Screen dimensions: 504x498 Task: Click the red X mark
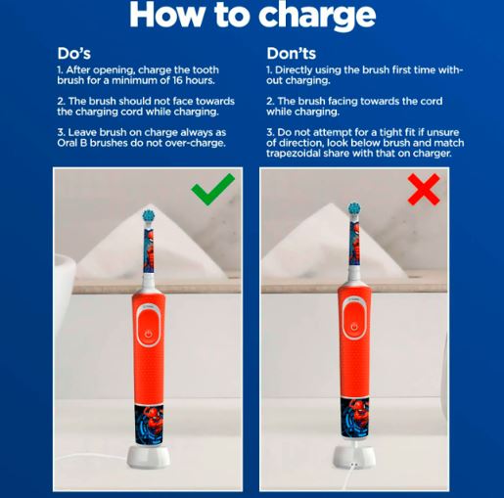424,189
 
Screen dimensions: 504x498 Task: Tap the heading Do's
74,54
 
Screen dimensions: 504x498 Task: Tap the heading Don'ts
292,54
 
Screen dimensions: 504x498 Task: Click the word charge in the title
317,16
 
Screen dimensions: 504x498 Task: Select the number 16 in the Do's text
177,80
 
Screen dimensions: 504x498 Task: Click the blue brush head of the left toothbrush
149,215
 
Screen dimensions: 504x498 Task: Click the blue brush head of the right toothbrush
354,208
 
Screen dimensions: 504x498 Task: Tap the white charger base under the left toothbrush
149,459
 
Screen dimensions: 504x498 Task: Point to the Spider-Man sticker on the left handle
149,424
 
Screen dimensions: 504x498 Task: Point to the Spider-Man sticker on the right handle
354,418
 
